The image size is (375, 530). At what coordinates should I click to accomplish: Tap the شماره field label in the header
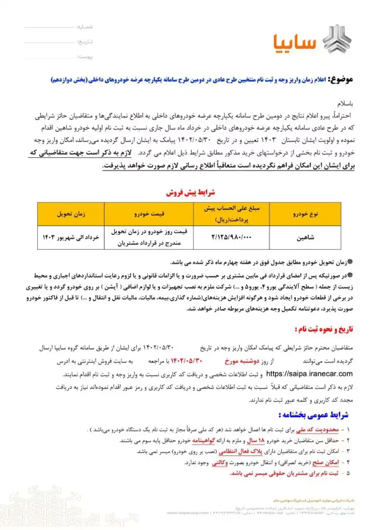[x=85, y=26]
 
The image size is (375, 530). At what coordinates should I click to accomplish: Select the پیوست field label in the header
[x=85, y=57]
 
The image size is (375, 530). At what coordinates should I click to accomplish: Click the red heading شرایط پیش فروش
[x=187, y=193]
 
